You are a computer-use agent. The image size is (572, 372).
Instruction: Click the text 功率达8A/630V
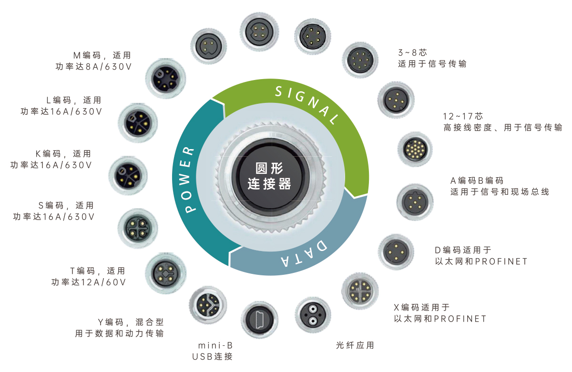pos(93,67)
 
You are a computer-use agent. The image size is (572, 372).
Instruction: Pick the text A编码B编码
pos(477,181)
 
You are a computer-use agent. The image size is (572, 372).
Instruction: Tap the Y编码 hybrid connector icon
pos(208,305)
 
